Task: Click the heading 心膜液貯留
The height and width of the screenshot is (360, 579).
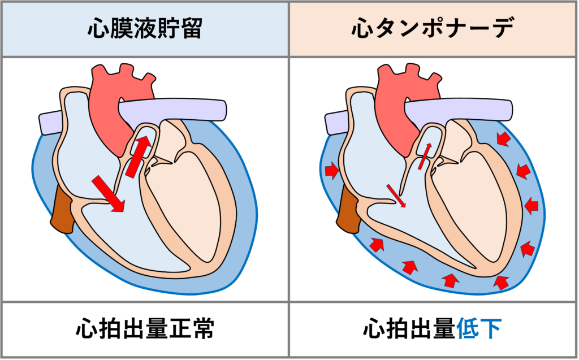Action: (x=145, y=29)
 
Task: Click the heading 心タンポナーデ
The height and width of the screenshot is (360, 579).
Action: (x=434, y=29)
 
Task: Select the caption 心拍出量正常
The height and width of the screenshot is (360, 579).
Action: (x=145, y=329)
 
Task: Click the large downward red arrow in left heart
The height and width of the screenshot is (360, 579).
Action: (x=108, y=193)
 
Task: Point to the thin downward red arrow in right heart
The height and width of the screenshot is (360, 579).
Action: (x=396, y=196)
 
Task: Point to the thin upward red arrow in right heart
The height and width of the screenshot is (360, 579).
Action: (x=425, y=157)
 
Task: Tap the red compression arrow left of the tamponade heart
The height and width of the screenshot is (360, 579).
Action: (x=331, y=170)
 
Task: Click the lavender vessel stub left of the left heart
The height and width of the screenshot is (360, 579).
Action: (x=50, y=122)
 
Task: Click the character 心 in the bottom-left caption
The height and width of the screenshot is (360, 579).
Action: (x=85, y=329)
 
